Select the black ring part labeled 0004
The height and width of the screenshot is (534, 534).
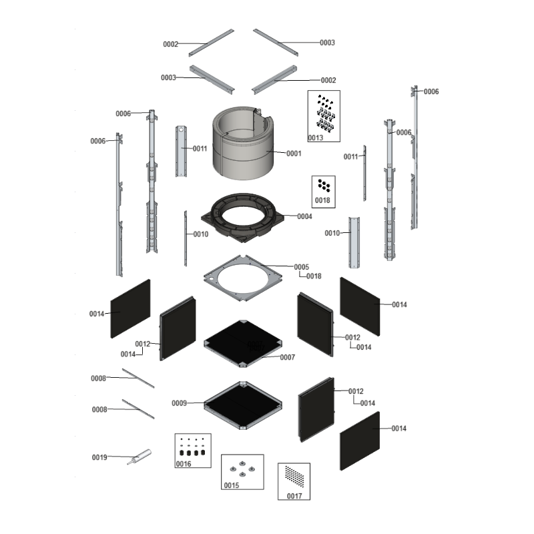(242, 218)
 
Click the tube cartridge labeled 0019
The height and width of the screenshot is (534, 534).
(140, 457)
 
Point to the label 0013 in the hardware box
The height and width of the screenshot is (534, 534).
(315, 138)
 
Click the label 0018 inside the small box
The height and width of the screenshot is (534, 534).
(322, 200)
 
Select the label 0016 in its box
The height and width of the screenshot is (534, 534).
(184, 463)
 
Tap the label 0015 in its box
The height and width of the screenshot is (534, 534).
(232, 485)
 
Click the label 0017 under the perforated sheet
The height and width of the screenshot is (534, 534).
(294, 496)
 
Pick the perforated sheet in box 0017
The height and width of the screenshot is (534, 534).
(294, 477)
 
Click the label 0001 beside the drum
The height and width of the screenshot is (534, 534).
(294, 154)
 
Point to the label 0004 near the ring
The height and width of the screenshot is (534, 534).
(304, 216)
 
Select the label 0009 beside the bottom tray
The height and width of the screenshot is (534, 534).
(179, 403)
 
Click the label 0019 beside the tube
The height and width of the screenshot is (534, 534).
(99, 457)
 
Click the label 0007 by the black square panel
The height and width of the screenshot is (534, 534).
(288, 357)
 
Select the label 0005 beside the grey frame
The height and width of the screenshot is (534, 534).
(302, 266)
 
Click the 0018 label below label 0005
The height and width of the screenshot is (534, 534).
(314, 276)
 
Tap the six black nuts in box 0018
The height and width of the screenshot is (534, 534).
(324, 186)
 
